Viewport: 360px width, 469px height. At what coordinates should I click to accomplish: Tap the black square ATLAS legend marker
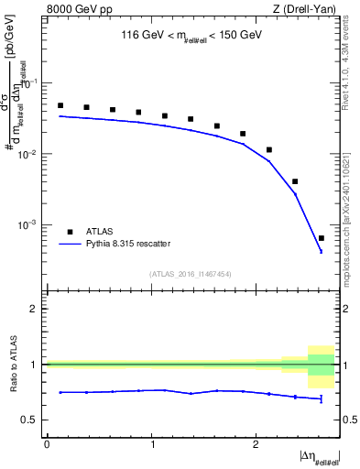[x=70, y=231]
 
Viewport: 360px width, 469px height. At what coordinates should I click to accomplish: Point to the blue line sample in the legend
[x=70, y=244]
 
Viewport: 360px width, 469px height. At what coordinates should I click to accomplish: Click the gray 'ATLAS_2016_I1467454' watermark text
[x=191, y=273]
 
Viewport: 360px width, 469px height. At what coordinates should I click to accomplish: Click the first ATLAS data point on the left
[x=60, y=105]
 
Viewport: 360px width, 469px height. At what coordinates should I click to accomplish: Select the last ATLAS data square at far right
[x=321, y=238]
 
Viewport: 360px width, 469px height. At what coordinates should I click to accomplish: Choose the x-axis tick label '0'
[x=47, y=444]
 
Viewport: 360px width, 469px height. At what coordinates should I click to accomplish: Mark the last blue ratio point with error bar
[x=321, y=398]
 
